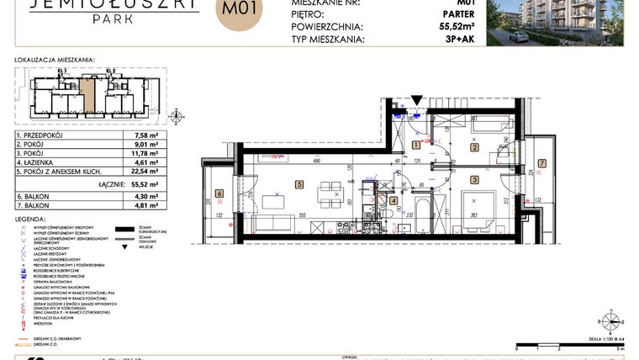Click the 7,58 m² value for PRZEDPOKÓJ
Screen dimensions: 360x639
147,135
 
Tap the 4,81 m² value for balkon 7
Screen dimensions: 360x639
147,204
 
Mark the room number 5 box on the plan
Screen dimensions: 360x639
298,183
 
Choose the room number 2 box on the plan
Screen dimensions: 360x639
474,148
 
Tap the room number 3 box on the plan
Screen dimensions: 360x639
474,179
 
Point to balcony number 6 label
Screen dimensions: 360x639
219,193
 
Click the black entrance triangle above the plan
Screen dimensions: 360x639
417,101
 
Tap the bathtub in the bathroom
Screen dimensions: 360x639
421,207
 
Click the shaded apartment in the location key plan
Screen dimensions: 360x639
87,94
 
